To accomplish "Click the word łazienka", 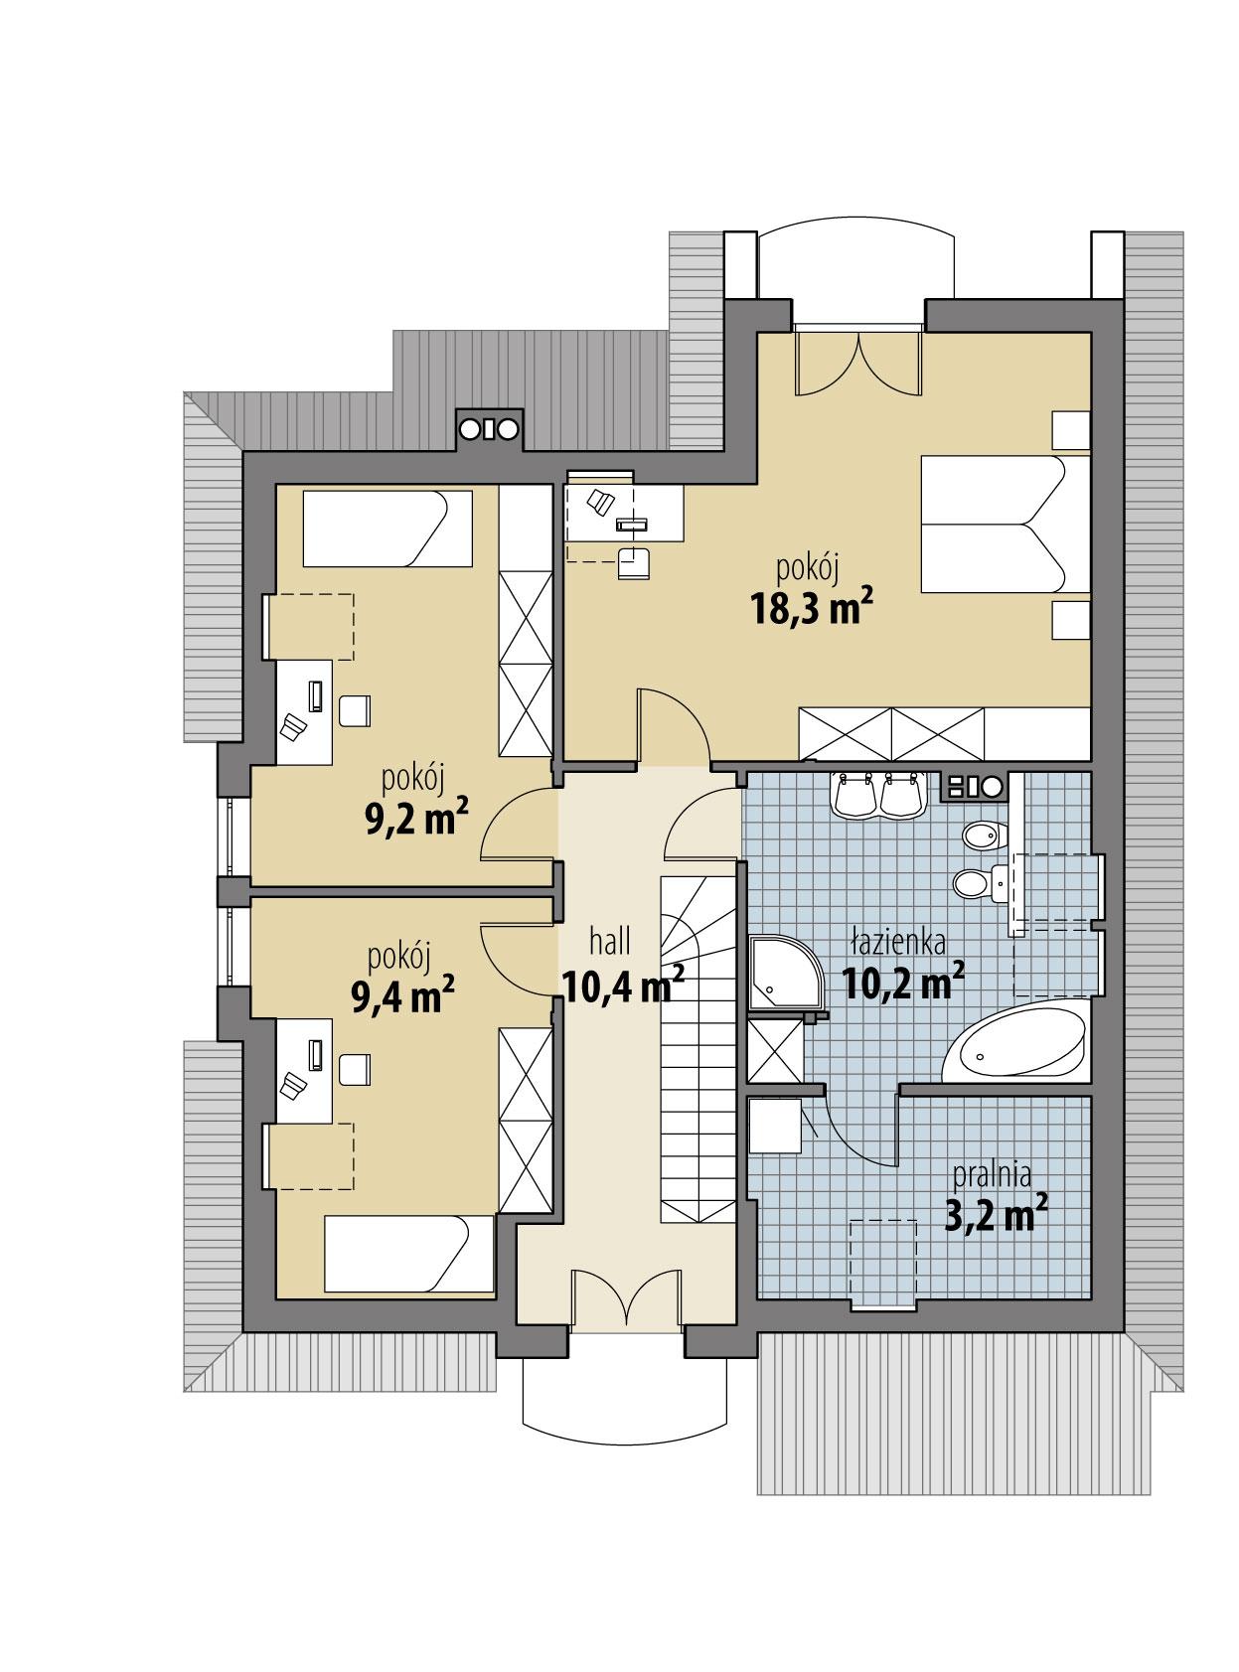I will click(x=898, y=941).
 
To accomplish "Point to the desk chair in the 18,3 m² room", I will click(x=632, y=562).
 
